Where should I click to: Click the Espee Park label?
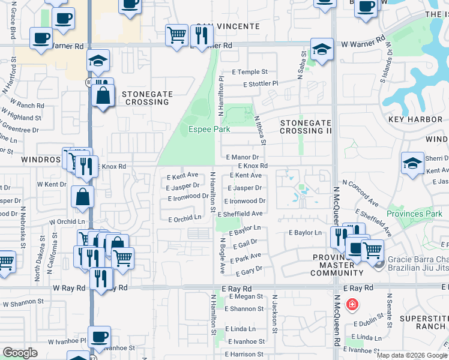pyautogui.click(x=209, y=129)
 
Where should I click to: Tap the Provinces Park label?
pyautogui.click(x=414, y=214)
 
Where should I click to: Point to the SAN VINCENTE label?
pyautogui.click(x=228, y=26)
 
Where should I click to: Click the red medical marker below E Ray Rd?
pyautogui.click(x=352, y=304)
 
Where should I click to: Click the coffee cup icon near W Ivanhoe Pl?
pyautogui.click(x=100, y=336)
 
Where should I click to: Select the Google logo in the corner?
pyautogui.click(x=20, y=353)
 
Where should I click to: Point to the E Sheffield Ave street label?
pyautogui.click(x=240, y=214)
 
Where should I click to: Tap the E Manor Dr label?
pyautogui.click(x=242, y=157)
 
